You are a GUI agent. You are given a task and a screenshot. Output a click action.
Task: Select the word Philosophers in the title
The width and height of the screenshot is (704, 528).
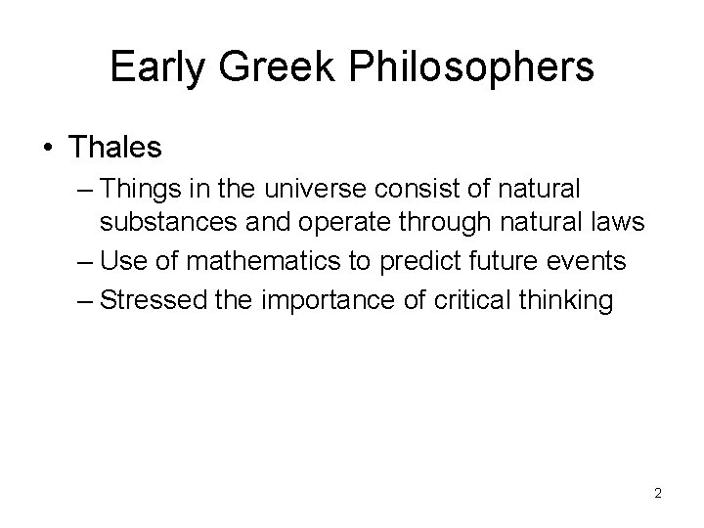pos(472,68)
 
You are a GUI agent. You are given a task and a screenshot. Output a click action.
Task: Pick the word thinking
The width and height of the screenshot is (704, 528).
pos(574,300)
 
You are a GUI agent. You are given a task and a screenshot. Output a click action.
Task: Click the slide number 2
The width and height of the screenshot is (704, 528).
pos(658,493)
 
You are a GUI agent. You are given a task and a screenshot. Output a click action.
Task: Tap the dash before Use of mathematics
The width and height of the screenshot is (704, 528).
pos(84,262)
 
